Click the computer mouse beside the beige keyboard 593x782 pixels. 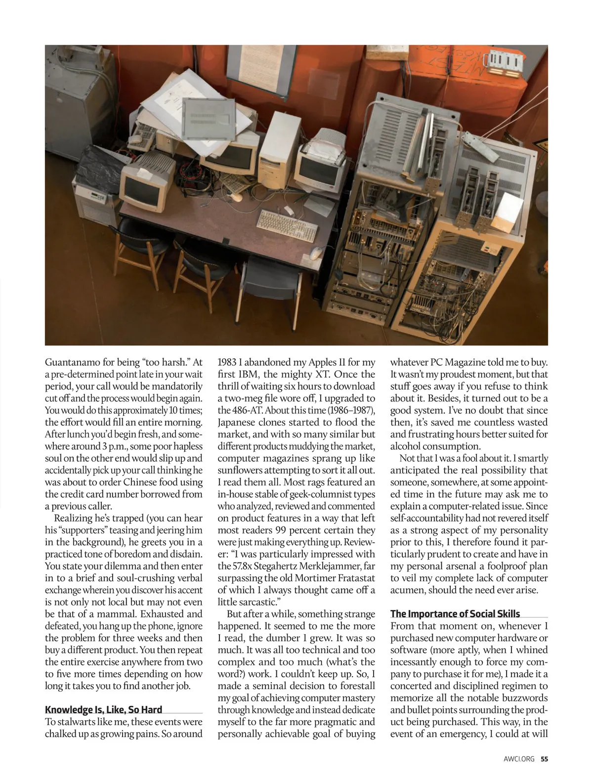316,253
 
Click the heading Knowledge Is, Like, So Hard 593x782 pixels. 103,710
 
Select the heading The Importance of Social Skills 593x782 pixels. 455,614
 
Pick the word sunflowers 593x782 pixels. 239,470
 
